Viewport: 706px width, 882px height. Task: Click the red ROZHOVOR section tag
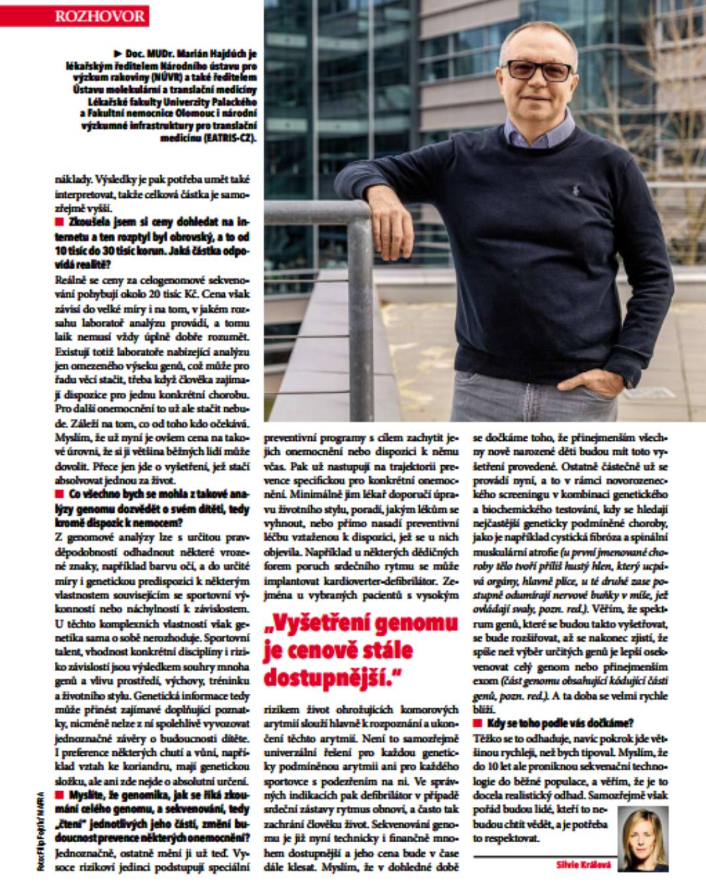click(x=100, y=16)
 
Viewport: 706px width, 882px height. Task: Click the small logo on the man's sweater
click(x=575, y=190)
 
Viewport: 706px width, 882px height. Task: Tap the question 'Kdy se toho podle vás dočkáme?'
click(x=560, y=723)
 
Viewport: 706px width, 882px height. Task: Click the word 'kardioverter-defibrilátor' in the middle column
click(x=378, y=580)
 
